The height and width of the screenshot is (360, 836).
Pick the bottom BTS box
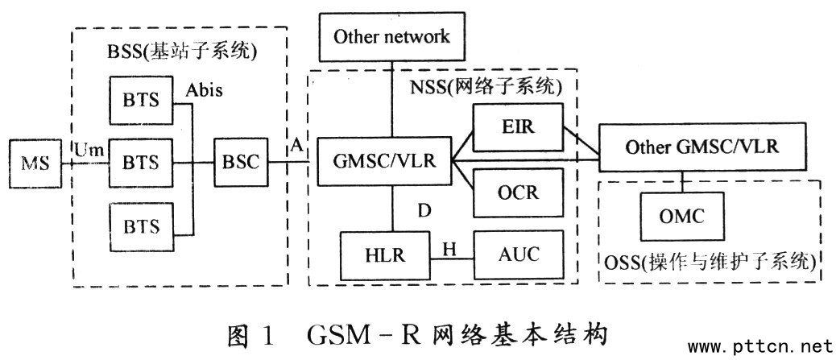pos(141,223)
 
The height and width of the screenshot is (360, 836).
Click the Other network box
pos(391,36)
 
